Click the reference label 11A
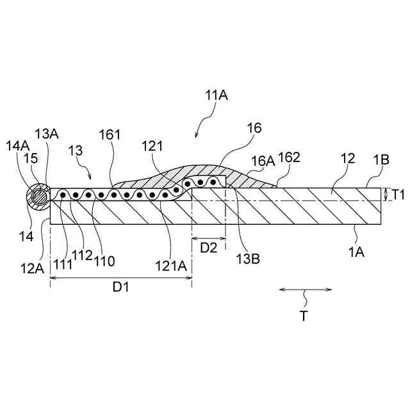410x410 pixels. [217, 96]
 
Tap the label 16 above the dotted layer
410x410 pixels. [254, 128]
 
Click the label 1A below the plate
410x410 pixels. [356, 252]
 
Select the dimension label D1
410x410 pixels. [121, 287]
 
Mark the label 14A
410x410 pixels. [17, 145]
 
